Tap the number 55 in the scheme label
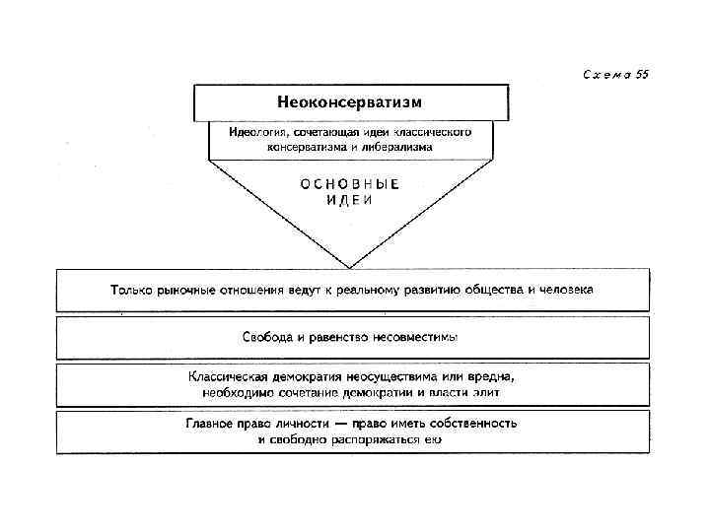point(642,75)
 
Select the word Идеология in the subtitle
point(257,131)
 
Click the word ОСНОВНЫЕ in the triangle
point(350,182)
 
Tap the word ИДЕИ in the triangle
point(349,199)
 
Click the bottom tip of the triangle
point(349,266)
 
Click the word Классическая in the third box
point(232,376)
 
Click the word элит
point(487,391)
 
